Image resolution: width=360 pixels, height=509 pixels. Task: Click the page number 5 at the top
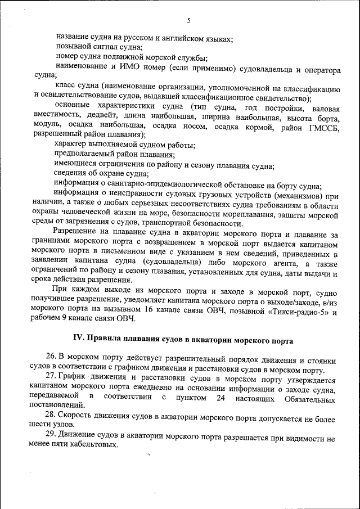point(188,21)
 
